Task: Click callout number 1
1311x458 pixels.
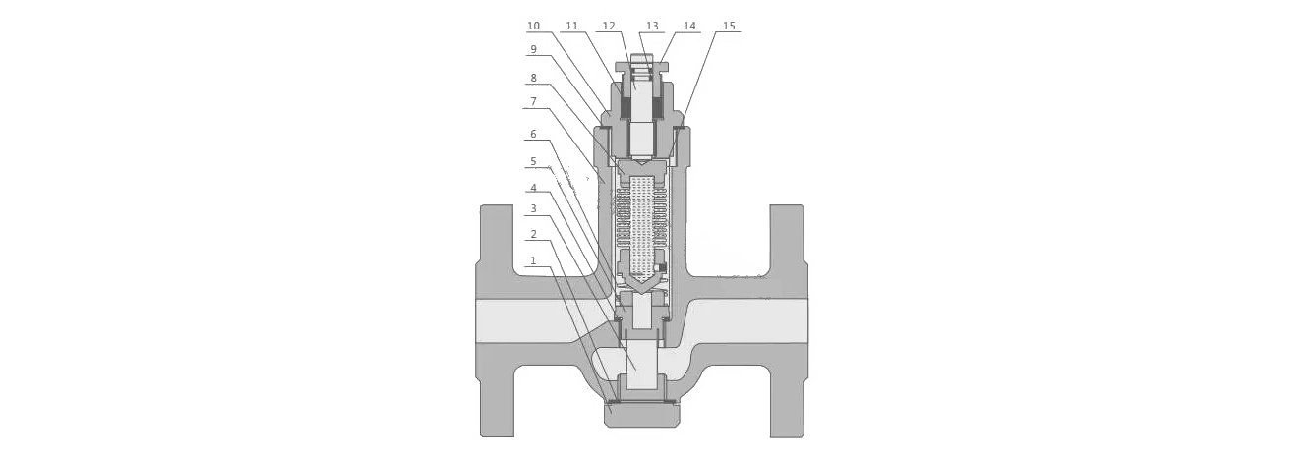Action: pyautogui.click(x=533, y=260)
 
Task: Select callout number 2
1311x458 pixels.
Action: pyautogui.click(x=533, y=235)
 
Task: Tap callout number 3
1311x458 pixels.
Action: pyautogui.click(x=533, y=208)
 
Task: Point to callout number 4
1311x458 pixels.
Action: pyautogui.click(x=533, y=188)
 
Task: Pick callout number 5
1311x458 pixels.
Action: pyautogui.click(x=533, y=161)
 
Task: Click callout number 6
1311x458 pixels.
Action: pyautogui.click(x=533, y=134)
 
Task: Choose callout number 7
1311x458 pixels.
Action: pyautogui.click(x=533, y=102)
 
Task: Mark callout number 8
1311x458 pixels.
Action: pyautogui.click(x=533, y=78)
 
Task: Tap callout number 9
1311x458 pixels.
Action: pyautogui.click(x=533, y=50)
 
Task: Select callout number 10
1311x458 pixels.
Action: pyautogui.click(x=533, y=26)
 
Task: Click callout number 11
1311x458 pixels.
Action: pyautogui.click(x=571, y=26)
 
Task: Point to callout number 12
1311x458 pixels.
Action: pyautogui.click(x=609, y=26)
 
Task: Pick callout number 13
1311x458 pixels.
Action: pyautogui.click(x=652, y=26)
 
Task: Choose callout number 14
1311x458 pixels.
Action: pyautogui.click(x=689, y=26)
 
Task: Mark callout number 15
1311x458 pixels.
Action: pyautogui.click(x=729, y=26)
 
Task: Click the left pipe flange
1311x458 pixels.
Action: pyautogui.click(x=497, y=321)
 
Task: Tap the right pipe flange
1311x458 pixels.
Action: pyautogui.click(x=788, y=321)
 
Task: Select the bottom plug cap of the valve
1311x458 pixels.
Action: pyautogui.click(x=641, y=415)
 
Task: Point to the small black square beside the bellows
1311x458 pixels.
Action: pyautogui.click(x=663, y=268)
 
